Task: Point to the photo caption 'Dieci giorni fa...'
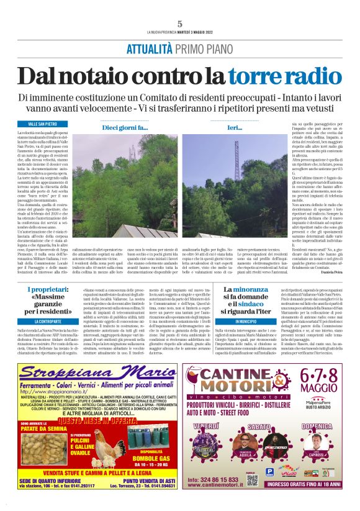click(x=125, y=128)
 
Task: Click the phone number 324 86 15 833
click(x=212, y=480)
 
